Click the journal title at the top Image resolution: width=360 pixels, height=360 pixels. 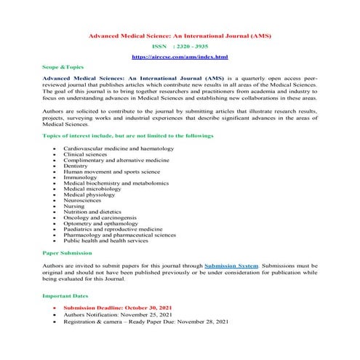(180, 34)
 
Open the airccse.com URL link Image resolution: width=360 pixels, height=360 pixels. (180, 56)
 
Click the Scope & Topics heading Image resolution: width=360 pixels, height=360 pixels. (63, 66)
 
